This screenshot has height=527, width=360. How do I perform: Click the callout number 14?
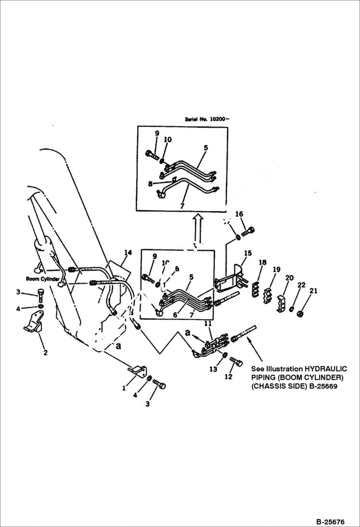pyautogui.click(x=127, y=253)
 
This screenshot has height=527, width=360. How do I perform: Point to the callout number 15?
pyautogui.click(x=248, y=253)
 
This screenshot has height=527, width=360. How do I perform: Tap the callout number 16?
pyautogui.click(x=239, y=214)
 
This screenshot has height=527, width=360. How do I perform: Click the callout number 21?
pyautogui.click(x=301, y=291)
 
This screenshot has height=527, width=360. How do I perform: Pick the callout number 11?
pyautogui.click(x=208, y=324)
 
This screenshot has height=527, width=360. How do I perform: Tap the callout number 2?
pyautogui.click(x=45, y=353)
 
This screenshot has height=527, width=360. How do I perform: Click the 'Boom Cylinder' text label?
pyautogui.click(x=43, y=279)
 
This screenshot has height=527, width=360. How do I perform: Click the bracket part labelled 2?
pyautogui.click(x=33, y=322)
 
